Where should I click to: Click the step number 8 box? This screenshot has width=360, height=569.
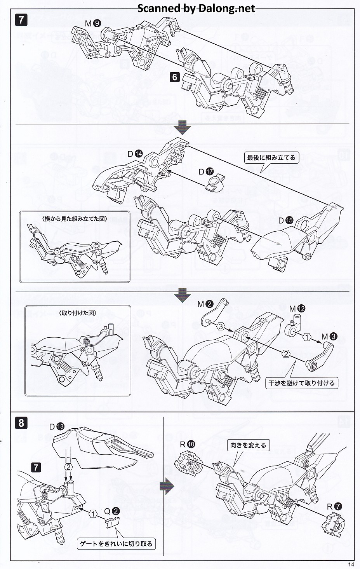click(21, 422)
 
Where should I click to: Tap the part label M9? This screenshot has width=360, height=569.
click(93, 24)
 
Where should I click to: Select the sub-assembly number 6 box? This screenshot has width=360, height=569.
click(175, 77)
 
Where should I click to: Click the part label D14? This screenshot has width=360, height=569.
click(135, 154)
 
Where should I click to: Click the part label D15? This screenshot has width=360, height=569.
click(286, 220)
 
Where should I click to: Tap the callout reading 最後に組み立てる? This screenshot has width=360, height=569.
click(271, 158)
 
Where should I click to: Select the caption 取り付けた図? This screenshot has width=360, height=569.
click(78, 313)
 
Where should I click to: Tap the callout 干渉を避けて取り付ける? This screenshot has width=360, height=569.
click(301, 383)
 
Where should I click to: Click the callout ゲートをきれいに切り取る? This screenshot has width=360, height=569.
click(117, 544)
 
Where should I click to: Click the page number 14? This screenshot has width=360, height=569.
click(351, 565)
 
